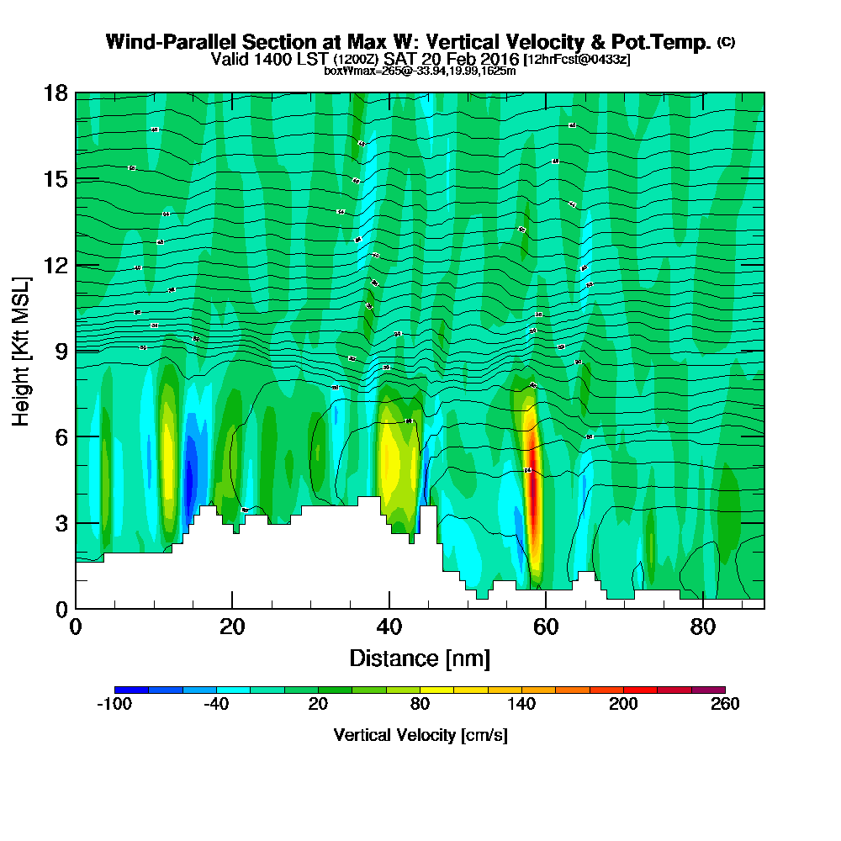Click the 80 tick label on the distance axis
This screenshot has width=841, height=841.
702,627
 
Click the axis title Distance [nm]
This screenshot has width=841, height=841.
420,658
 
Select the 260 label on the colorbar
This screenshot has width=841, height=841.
725,704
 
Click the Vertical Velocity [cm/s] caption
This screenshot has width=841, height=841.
420,735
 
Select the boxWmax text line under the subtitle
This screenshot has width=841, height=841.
420,71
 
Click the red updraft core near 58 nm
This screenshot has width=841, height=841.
533,496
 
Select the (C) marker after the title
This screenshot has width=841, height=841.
727,42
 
